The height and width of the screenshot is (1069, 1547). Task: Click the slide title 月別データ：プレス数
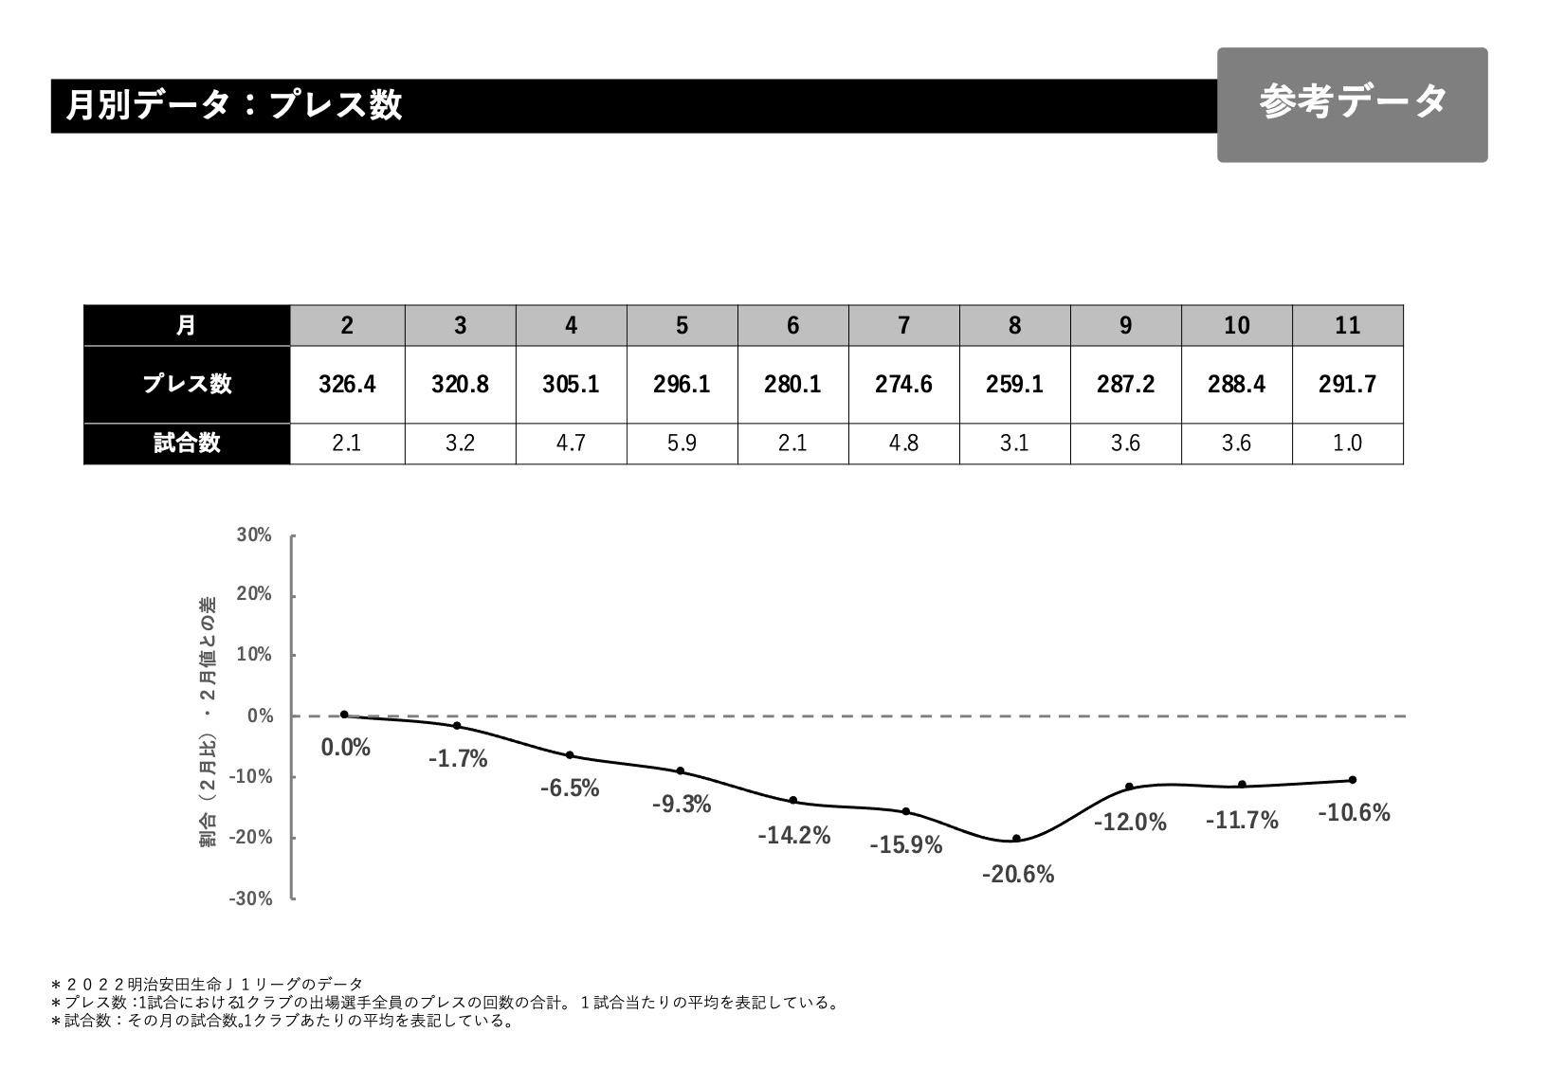pos(234,105)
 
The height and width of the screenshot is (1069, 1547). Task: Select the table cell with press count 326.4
pos(347,384)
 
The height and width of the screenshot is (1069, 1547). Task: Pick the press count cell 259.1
pos(1014,384)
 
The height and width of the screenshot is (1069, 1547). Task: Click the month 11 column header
pos(1347,326)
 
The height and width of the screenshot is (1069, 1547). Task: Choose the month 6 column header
pos(792,326)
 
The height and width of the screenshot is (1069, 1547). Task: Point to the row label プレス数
pos(187,384)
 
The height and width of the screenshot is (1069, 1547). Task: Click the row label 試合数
pos(187,444)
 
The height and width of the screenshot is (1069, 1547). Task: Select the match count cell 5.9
pos(682,444)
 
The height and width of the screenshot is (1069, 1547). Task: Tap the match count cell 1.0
pos(1347,444)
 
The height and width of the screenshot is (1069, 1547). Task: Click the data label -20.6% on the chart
pos(1017,875)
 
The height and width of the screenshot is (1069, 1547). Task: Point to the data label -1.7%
pos(458,759)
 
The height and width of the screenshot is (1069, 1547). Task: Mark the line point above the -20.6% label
pos(1016,839)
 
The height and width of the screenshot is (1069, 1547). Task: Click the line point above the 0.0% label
pos(344,715)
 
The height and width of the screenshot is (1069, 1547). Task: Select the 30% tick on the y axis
pos(254,535)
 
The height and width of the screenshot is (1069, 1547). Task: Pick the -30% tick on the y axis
pos(251,898)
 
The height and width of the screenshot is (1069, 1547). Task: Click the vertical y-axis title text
pos(208,721)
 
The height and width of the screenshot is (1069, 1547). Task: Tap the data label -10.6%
pos(1354,813)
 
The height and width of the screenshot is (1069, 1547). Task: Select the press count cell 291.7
pos(1347,384)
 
